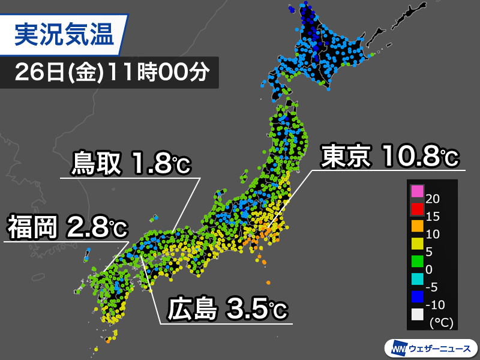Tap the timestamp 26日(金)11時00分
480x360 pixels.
[112, 73]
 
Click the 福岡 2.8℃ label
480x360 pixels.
[67, 227]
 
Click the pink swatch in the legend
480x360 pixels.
[417, 191]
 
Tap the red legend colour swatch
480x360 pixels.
[417, 209]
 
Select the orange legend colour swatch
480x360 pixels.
[417, 226]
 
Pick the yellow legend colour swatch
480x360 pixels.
[417, 244]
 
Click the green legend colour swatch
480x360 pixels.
[417, 261]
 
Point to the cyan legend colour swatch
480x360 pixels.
[417, 278]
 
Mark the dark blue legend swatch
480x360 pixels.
[417, 296]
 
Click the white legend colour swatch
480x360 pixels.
[417, 313]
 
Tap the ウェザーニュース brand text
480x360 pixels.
[440, 348]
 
